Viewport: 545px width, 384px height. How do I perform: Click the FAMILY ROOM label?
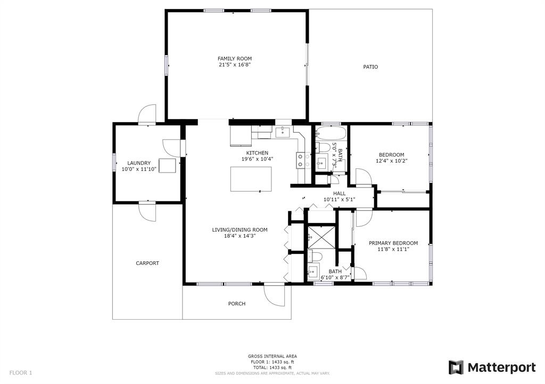[235, 58]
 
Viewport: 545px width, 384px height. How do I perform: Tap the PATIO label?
[370, 67]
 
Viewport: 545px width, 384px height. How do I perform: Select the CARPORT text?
[147, 263]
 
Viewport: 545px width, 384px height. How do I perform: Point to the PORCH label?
[237, 304]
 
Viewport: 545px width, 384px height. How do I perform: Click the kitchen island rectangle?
[251, 179]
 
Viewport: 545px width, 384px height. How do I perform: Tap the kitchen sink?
[283, 132]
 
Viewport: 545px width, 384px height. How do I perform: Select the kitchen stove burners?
[303, 160]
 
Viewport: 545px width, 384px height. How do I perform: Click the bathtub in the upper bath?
[331, 133]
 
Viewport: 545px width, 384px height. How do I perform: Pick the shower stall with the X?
[322, 237]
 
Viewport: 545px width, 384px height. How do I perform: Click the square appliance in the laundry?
[168, 165]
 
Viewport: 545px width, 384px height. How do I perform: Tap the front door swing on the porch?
[275, 295]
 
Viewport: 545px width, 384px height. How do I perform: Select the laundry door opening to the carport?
[148, 211]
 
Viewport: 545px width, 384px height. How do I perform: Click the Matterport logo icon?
[456, 368]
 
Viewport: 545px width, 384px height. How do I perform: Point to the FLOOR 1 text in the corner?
[21, 373]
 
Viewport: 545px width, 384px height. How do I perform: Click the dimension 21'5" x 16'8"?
[235, 64]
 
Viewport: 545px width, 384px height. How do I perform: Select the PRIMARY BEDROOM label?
[393, 243]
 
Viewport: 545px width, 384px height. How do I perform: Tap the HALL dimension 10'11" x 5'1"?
[339, 200]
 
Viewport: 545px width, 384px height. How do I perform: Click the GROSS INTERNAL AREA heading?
[272, 356]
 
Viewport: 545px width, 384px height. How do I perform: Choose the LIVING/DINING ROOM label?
[240, 229]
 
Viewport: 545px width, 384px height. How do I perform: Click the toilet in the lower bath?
[315, 257]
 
